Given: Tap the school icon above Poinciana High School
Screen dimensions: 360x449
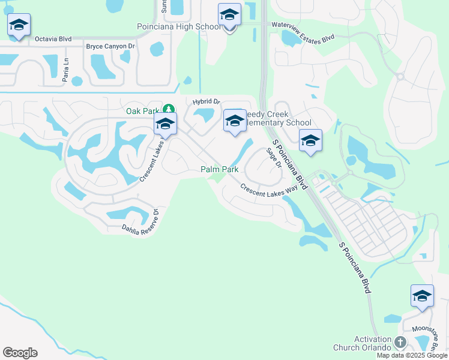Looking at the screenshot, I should click(x=229, y=15).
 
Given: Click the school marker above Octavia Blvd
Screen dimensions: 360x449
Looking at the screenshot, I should click(x=19, y=25).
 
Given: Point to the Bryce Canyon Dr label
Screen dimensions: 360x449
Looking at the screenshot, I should click(x=110, y=46).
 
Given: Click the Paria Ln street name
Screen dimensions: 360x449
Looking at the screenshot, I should click(x=67, y=67).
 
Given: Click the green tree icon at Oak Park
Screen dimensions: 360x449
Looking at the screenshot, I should click(x=169, y=109).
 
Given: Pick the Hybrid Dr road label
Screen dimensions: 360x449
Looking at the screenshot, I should click(x=206, y=102).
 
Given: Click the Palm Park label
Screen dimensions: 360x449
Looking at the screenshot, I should click(x=219, y=170).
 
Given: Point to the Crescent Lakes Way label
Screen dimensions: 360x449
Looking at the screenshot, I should click(x=270, y=188).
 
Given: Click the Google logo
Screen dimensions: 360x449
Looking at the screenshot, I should click(x=20, y=353).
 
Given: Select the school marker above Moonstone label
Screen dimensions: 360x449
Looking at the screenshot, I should click(x=422, y=297).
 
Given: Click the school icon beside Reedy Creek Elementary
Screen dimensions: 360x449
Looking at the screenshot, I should click(x=234, y=121).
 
